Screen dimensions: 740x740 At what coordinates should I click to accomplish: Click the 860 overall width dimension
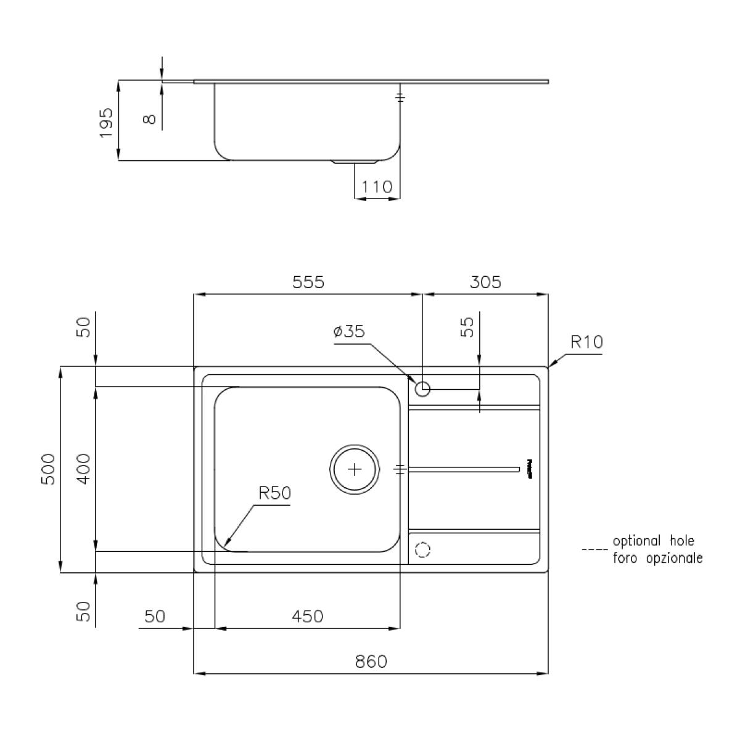coord(371,661)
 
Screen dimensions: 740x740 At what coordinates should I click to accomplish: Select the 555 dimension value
coord(308,282)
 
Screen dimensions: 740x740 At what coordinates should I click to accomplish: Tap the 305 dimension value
coord(485,282)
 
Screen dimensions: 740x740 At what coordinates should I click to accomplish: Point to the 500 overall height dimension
coord(48,469)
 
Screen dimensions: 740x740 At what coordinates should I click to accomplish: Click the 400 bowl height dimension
coord(84,469)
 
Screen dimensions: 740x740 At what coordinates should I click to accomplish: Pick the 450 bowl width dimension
coord(307,617)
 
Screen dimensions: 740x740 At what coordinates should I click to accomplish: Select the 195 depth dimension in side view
coord(106,123)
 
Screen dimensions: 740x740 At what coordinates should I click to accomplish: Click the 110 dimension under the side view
coord(377,187)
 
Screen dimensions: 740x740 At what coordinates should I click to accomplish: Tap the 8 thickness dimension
coord(149,120)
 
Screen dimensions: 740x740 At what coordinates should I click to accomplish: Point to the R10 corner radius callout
coord(586,342)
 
